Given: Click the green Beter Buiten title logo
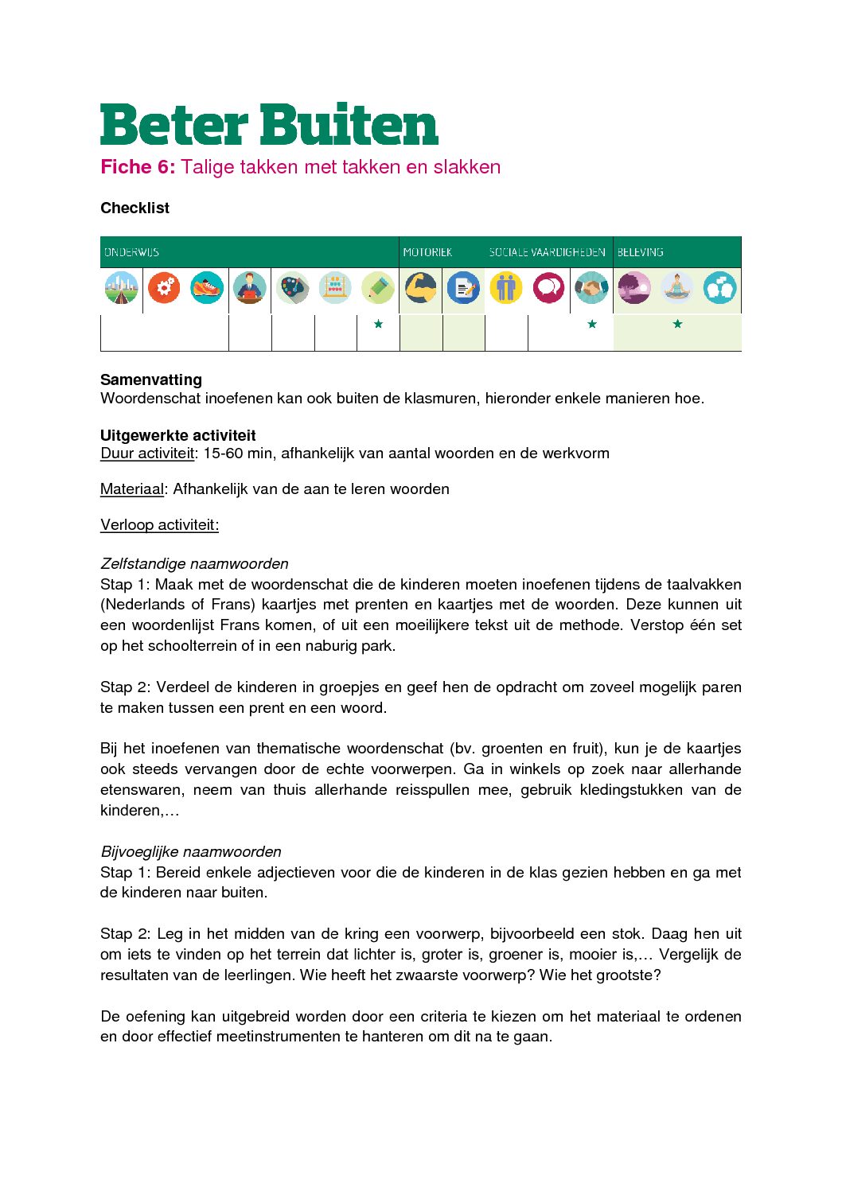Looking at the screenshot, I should (269, 125).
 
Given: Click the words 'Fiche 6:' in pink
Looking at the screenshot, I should (137, 167).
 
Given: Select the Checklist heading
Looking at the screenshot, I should (134, 208).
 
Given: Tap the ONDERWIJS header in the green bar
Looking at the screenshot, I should (131, 252).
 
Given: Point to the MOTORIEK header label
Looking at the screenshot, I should (427, 252).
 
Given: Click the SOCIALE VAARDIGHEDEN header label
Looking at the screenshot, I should (547, 252).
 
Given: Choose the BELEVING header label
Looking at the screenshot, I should (640, 252).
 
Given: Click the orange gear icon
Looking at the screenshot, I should (164, 288).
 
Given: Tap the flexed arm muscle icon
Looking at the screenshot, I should (420, 288).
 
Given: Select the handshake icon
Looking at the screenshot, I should (591, 288).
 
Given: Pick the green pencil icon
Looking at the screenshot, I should (378, 288).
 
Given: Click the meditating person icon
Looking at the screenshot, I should (676, 288).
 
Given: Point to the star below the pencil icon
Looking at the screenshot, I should (378, 324).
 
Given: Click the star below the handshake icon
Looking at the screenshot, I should (591, 324).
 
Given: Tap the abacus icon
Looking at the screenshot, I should (335, 288).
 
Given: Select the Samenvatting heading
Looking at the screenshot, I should (151, 379).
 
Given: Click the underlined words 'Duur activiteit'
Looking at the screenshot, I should (147, 453).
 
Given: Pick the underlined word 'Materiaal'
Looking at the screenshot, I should (131, 489).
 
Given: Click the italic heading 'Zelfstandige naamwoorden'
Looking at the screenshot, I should (194, 564).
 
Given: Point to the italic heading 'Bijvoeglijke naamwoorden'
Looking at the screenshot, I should (191, 852).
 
